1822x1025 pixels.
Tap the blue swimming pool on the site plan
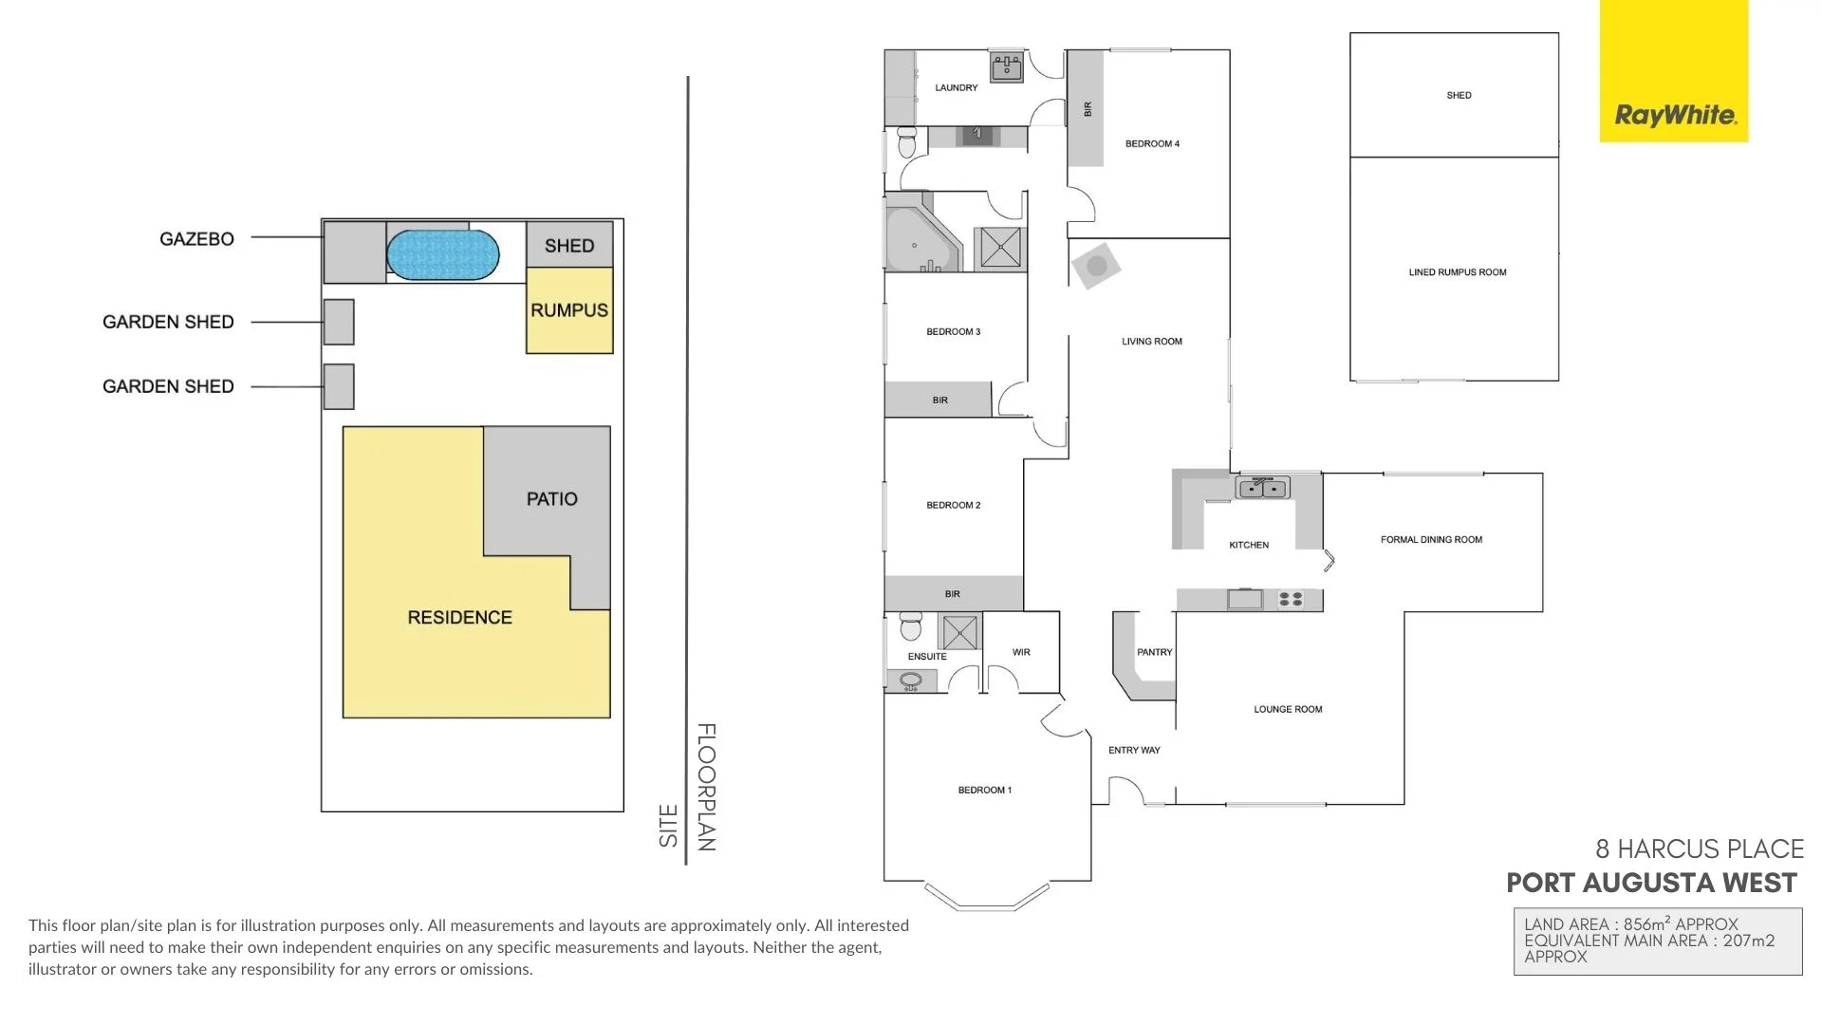(442, 255)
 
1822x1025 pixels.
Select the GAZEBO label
(196, 239)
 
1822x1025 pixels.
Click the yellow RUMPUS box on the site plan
(569, 310)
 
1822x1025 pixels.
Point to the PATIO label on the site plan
(551, 499)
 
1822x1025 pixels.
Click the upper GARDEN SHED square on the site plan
(339, 322)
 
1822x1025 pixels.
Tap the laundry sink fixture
(1006, 67)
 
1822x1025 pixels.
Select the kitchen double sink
(1262, 489)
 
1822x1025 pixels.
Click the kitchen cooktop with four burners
(1291, 599)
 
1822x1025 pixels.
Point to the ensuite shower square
(959, 632)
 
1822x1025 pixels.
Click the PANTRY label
(1154, 652)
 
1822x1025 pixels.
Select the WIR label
(1021, 652)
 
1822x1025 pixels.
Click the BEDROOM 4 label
(1152, 144)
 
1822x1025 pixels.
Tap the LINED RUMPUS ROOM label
(1457, 272)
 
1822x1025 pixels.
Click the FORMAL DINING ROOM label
(1430, 540)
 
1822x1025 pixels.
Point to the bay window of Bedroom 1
(987, 898)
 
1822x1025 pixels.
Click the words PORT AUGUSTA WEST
(1651, 884)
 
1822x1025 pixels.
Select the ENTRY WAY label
(1134, 750)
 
